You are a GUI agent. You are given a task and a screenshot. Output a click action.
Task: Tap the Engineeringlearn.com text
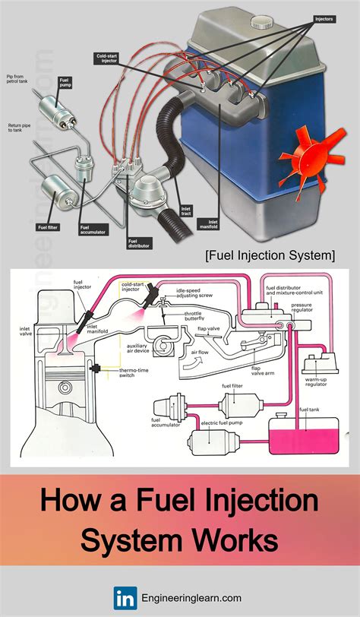point(190,597)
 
